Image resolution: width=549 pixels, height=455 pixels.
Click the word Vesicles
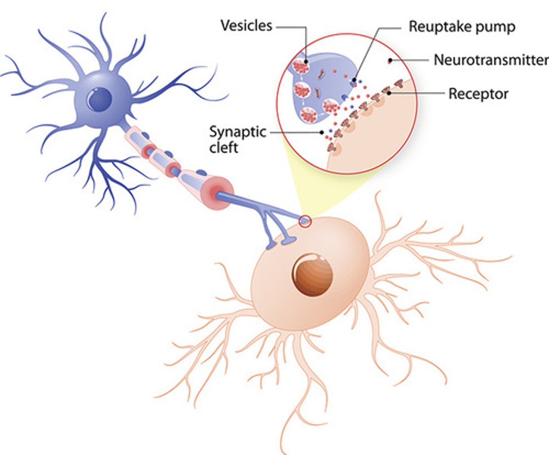pos(246,26)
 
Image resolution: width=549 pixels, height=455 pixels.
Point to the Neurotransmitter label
pos(491,60)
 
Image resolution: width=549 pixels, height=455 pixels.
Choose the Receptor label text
pos(478,94)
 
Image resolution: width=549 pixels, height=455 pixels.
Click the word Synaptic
pos(238,132)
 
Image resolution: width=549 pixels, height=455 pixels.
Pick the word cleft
pos(224,147)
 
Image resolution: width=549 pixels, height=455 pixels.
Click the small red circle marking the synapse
pos(305,221)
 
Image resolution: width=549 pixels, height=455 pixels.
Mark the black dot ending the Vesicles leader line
pos(306,61)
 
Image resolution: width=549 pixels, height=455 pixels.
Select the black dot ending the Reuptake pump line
pos(355,79)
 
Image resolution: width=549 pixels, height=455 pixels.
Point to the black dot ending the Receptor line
pos(389,93)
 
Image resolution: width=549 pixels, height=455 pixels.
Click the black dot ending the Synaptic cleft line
pos(322,132)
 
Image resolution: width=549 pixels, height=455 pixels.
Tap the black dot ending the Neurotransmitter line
pos(390,60)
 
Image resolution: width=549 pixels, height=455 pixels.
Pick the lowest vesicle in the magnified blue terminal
pos(308,115)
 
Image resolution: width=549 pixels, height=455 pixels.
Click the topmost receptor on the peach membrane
pos(399,82)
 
